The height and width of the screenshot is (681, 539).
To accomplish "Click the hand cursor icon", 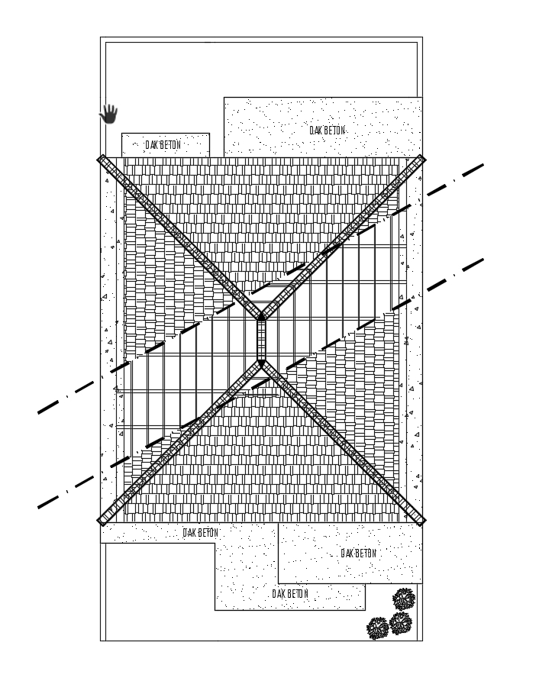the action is (109, 114).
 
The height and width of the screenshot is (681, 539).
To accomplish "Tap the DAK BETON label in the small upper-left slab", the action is (163, 144).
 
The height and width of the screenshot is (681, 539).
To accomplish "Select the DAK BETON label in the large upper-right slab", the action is (327, 131).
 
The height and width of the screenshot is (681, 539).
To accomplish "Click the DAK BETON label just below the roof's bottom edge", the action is (200, 533).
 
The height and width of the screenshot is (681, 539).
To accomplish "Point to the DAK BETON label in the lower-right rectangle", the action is (358, 553).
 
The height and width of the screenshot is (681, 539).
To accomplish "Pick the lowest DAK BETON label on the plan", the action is (290, 593).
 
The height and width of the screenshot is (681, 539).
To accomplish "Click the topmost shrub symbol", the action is (403, 599).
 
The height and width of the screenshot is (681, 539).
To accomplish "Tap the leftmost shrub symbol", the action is (378, 628).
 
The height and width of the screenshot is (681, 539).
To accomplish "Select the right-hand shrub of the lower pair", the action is (401, 624).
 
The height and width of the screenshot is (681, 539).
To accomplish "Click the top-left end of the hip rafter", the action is (102, 160).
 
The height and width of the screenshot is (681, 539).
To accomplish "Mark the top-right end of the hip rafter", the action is (421, 160).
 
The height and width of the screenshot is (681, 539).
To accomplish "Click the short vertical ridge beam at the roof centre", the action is (261, 340).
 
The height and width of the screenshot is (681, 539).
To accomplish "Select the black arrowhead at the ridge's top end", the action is (261, 315).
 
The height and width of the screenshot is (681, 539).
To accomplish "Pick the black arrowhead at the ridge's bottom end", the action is (261, 366).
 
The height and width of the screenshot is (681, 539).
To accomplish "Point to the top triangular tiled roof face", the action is (261, 214).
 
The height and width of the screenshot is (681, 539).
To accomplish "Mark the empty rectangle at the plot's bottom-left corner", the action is (157, 592).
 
